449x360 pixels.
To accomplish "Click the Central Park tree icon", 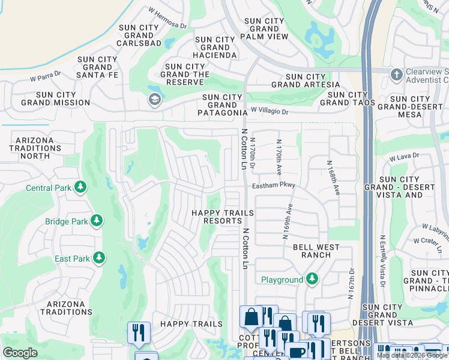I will (80, 188).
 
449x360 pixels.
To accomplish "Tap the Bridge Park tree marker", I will (96, 221).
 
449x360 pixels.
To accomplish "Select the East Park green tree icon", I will (99, 259).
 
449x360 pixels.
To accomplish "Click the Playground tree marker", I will (312, 279).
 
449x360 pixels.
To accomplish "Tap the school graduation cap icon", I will (154, 100).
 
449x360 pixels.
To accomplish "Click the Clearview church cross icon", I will (396, 75).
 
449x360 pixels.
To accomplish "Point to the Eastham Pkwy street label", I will (274, 186).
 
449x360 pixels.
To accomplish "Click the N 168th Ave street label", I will (333, 177).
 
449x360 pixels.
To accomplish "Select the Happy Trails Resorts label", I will (216, 217).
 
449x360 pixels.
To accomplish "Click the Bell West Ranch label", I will (316, 251).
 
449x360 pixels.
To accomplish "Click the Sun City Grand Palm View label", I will (264, 28).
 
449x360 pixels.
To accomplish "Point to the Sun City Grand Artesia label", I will (312, 80).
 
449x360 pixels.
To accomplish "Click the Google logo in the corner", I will (20, 353).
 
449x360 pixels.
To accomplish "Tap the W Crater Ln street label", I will (429, 244).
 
